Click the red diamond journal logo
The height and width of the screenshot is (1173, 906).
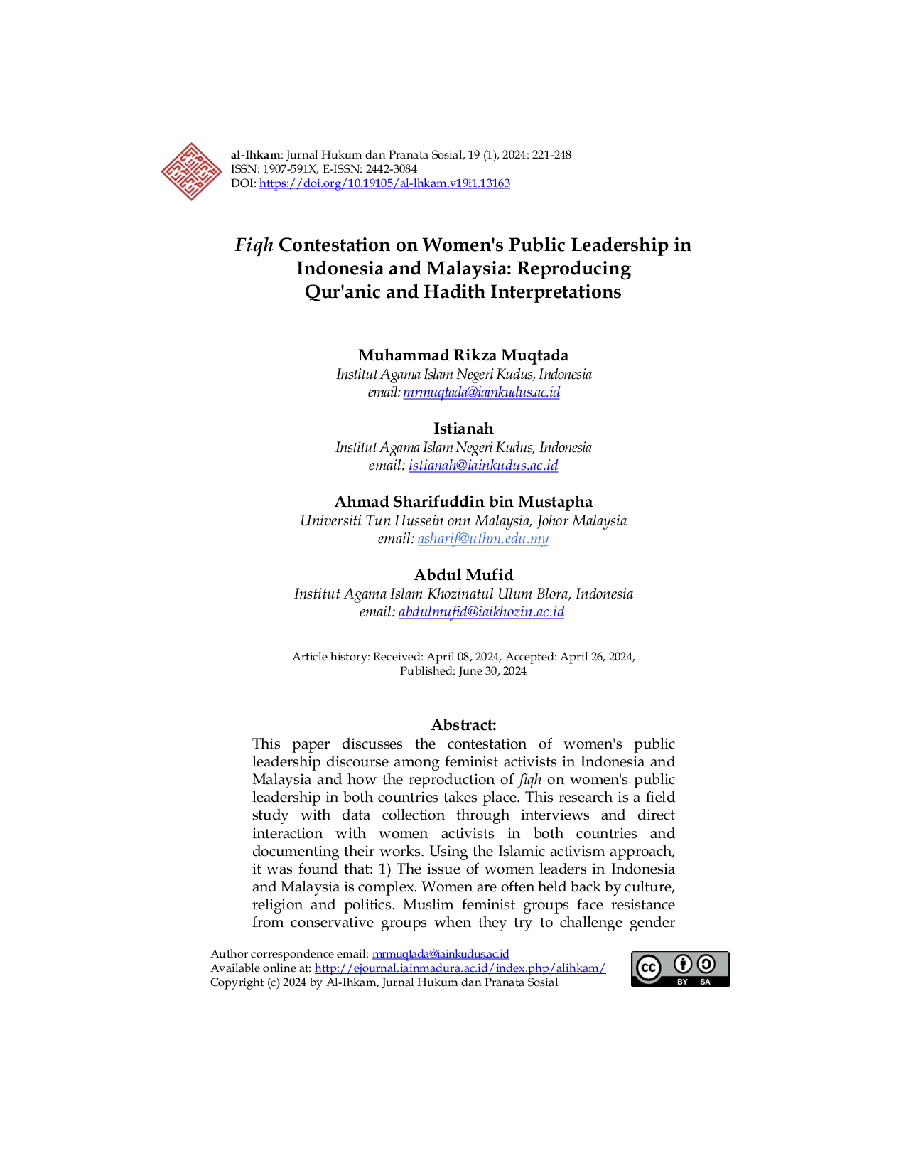pos(190,172)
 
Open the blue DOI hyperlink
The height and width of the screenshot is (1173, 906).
pos(384,183)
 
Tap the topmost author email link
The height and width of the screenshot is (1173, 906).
pos(482,392)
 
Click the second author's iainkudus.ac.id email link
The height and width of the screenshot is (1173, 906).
pos(484,466)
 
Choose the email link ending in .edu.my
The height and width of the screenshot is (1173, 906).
pos(483,540)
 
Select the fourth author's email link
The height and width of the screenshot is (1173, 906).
pos(482,612)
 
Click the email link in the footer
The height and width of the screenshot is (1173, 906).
pos(441,953)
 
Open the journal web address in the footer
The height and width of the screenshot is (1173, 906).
pos(460,968)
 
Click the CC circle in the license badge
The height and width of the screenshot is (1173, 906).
pos(648,968)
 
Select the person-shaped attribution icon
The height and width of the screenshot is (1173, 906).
pos(683,964)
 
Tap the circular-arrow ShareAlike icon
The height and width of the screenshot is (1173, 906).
pos(706,964)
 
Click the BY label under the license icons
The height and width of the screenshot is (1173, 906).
pos(683,982)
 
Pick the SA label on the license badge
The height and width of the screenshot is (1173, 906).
pos(706,982)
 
